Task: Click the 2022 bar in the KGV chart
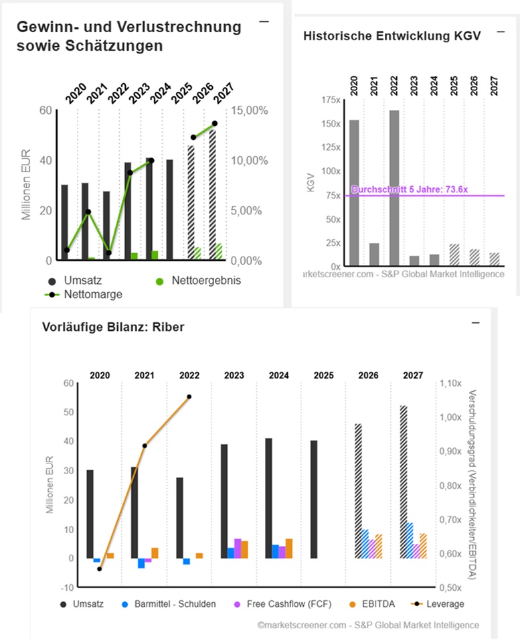click(394, 188)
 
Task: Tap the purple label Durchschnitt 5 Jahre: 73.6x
click(409, 190)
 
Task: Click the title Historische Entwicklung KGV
click(392, 36)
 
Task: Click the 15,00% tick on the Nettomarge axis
click(253, 111)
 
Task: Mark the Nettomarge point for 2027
click(215, 123)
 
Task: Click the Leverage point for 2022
click(189, 397)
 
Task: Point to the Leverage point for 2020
click(99, 569)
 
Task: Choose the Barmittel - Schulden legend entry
click(175, 603)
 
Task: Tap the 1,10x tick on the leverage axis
click(451, 384)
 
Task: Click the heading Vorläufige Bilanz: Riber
click(112, 328)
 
